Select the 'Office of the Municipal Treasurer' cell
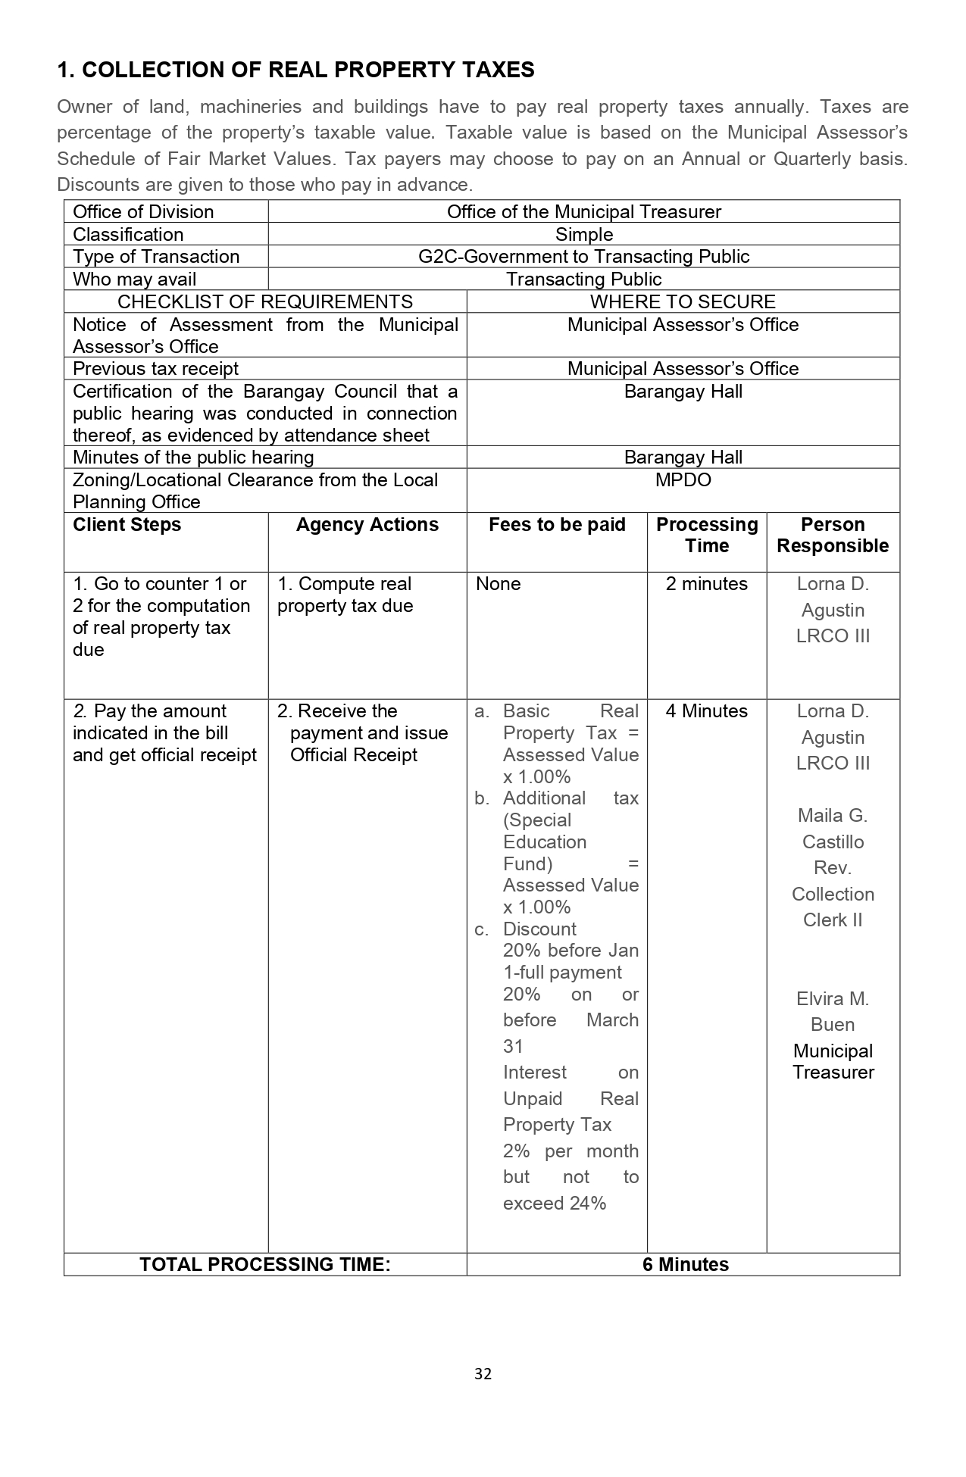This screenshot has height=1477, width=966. (x=583, y=212)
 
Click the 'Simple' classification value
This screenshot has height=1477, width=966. (x=583, y=235)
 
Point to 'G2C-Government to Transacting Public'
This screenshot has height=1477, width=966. (x=583, y=257)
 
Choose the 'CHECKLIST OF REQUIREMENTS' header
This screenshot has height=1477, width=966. (x=265, y=302)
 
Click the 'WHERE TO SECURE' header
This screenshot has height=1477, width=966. (x=683, y=302)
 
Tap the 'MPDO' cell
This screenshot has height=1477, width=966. (x=683, y=480)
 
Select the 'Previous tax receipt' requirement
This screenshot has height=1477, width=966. (x=155, y=369)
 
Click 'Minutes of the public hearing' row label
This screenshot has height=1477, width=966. (x=193, y=457)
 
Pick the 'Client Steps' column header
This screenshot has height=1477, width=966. (x=127, y=525)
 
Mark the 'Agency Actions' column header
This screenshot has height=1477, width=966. (x=367, y=525)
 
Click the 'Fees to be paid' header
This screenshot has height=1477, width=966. (x=557, y=525)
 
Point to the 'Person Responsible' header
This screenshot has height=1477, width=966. (x=833, y=536)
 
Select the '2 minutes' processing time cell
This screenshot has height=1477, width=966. (x=706, y=584)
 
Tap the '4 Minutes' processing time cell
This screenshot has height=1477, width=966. (x=706, y=711)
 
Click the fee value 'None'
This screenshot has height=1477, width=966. (x=498, y=584)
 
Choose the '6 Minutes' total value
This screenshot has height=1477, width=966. (x=685, y=1265)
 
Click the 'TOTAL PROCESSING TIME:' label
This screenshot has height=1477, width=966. (x=265, y=1265)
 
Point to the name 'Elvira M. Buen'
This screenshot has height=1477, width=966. (x=833, y=1012)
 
